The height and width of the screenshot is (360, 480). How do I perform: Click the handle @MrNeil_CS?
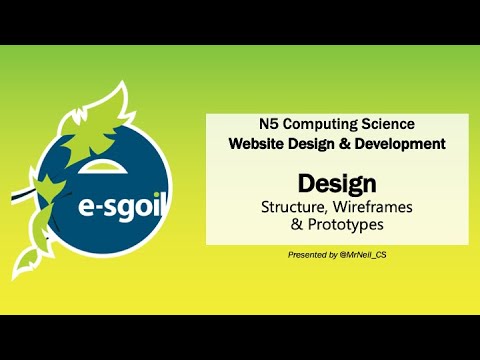coord(367,256)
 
